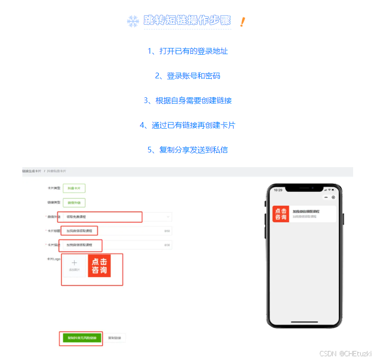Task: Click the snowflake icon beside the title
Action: coord(133,21)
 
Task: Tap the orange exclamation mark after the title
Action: coord(242,21)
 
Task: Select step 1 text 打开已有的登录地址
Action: coord(188,51)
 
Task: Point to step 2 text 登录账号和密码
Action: coord(188,76)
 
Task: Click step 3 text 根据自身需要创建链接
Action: coord(188,101)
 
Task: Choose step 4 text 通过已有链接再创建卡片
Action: coord(188,125)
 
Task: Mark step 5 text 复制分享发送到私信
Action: coord(188,150)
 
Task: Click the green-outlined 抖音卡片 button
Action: coord(74,188)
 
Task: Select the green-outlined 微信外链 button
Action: coord(74,203)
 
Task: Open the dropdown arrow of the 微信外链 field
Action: coord(168,217)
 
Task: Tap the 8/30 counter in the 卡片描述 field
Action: coord(167,246)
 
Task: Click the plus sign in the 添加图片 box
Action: coord(74,263)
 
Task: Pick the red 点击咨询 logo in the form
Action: coord(99,266)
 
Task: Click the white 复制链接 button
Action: coord(115,338)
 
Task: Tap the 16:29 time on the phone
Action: coord(278,190)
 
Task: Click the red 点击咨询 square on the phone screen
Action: coord(280,214)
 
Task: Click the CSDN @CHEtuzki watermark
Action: coord(346,353)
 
